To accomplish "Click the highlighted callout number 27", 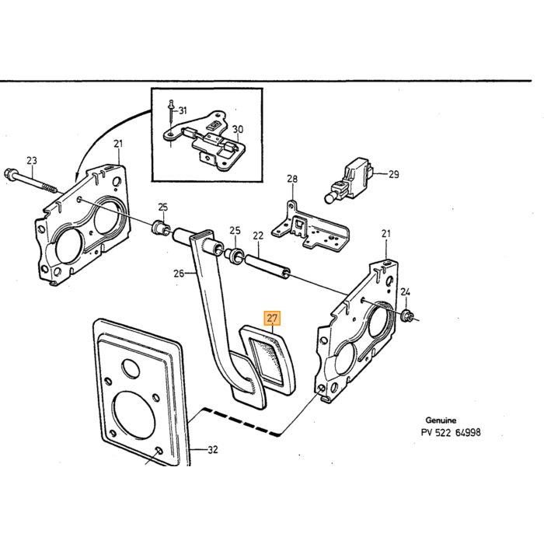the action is pos(272,318).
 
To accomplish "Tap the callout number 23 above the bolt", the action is pos(32,161).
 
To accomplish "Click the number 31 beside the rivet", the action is pos(183,110).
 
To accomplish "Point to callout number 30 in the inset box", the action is pos(238,130).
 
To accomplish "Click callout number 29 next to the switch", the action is pos(393,174).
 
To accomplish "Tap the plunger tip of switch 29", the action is pos(329,198).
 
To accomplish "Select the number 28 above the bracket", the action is pos(292,179).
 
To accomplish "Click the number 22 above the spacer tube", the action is pos(258,235).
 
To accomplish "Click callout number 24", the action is pos(405,292).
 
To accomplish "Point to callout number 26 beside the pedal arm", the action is pos(179,274).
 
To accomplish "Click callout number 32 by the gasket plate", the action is pos(213,450).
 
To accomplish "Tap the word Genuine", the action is pos(441,420).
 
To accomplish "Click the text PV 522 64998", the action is pos(451,433).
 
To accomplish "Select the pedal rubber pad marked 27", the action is pos(268,360).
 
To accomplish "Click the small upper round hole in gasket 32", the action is pos(131,368).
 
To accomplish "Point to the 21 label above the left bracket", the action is pos(118,144).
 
